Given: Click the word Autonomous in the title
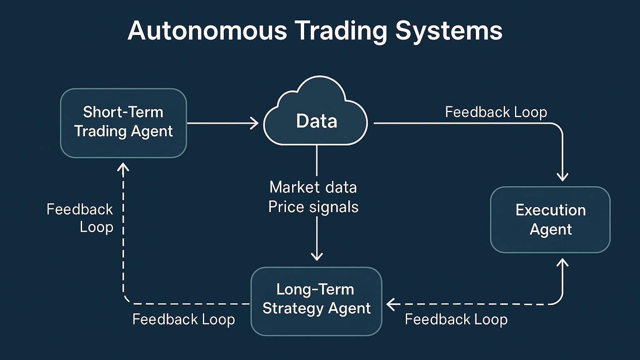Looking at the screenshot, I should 207,30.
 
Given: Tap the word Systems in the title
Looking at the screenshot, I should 449,31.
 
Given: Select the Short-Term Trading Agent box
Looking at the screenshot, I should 123,122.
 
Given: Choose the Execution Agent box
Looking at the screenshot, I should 550,220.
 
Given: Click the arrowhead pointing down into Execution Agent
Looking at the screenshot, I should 562,177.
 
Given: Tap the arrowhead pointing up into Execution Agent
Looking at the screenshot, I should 562,263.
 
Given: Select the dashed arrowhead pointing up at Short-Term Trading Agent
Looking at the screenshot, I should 123,167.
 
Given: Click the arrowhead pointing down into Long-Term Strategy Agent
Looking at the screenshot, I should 317,256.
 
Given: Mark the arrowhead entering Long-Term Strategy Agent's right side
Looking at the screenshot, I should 391,305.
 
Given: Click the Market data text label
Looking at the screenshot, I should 313,187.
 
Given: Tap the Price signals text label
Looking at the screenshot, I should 313,207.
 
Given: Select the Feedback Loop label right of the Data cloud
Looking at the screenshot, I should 496,112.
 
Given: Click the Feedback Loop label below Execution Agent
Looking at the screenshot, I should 456,320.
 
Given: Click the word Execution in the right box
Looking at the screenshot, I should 550,210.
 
